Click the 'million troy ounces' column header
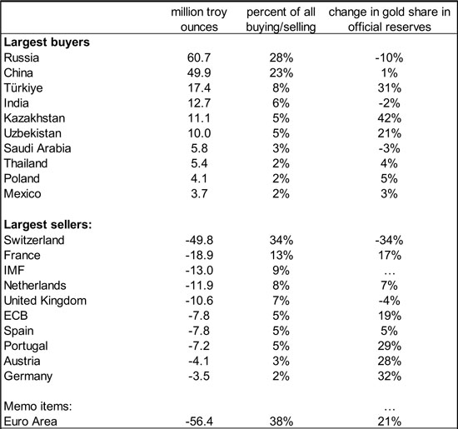click(199, 19)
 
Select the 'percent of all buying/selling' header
click(281, 19)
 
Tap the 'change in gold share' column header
click(390, 19)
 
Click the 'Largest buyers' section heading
click(47, 42)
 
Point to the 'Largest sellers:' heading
click(48, 225)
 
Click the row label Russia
click(22, 57)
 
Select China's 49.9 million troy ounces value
click(199, 72)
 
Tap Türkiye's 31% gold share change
click(390, 88)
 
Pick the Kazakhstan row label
click(34, 118)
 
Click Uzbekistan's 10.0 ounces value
click(199, 133)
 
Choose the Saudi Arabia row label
click(37, 148)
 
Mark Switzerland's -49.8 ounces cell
click(199, 240)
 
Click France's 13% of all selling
click(281, 256)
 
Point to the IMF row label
click(14, 271)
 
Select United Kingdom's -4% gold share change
click(390, 301)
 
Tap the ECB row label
click(16, 316)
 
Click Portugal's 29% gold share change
click(390, 347)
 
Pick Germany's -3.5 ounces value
click(199, 377)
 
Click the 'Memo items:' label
click(38, 407)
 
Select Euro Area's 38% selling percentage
click(281, 422)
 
